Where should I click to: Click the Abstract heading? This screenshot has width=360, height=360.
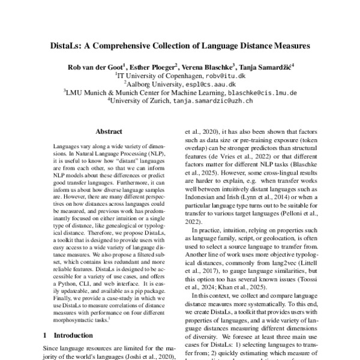pos(109,131)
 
